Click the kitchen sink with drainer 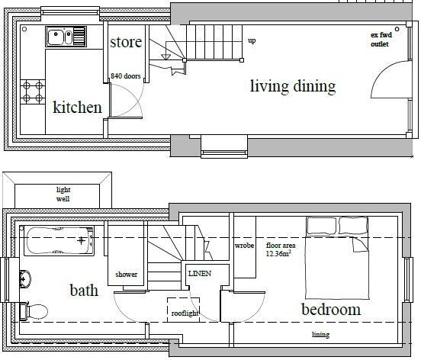66,37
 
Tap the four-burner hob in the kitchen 33,92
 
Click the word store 126,42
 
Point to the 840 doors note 126,76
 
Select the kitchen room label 77,107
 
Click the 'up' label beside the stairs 252,41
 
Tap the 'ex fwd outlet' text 381,39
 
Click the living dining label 293,86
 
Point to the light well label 63,194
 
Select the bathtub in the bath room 59,241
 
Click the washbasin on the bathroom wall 25,279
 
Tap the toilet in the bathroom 34,311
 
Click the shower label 126,275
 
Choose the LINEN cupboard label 200,274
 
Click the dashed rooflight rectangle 183,310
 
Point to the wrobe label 244,246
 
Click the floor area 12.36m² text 281,249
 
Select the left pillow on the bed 322,226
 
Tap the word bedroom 331,310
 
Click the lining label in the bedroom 320,335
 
